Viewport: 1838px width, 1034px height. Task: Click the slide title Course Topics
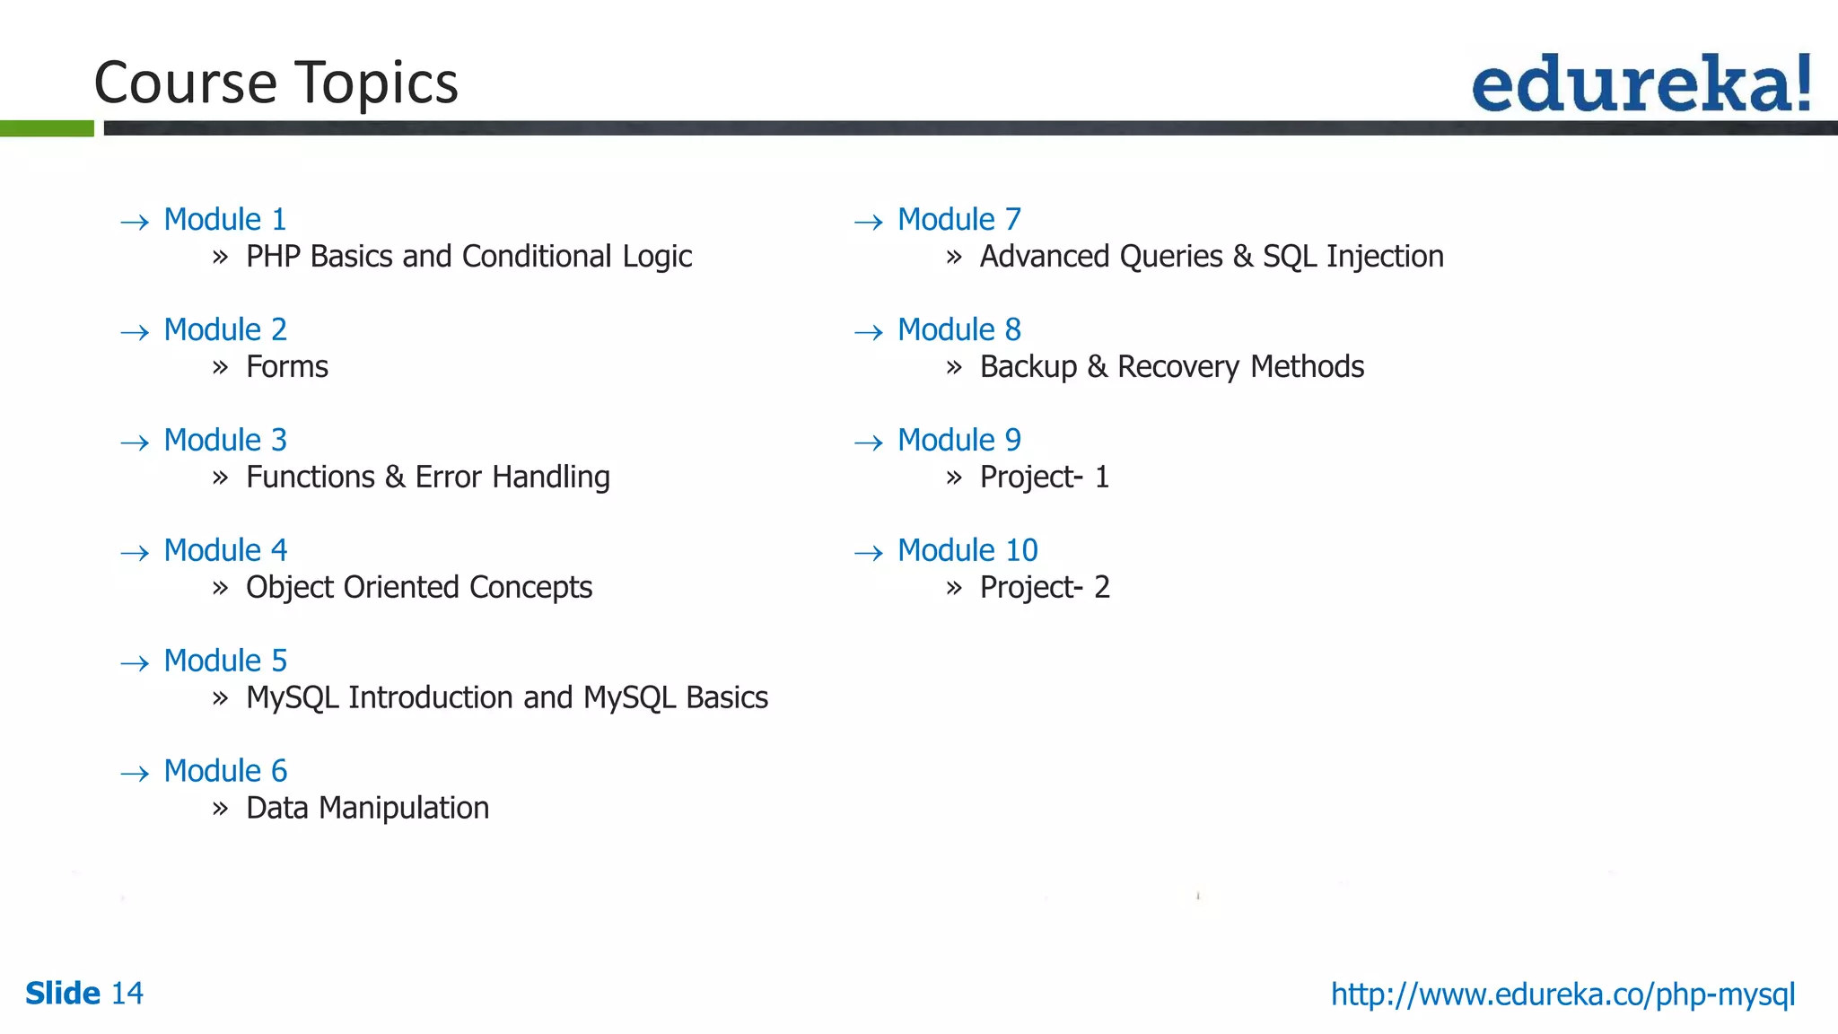point(276,83)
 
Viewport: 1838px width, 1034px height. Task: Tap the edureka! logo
point(1641,83)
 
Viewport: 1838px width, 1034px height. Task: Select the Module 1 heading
point(225,220)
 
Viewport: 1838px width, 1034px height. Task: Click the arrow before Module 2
point(135,333)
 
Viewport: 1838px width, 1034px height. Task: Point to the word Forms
point(287,367)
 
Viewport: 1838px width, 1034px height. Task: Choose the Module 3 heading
point(225,441)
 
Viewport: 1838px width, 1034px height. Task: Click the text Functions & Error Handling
point(427,478)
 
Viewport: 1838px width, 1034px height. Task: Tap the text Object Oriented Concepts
point(419,588)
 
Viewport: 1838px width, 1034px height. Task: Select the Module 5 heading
point(225,662)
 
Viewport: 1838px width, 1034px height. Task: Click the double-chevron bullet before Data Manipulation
point(221,809)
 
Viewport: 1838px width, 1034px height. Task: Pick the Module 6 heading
point(225,772)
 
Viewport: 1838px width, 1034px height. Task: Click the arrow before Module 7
point(869,223)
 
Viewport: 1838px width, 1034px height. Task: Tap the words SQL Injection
point(1352,257)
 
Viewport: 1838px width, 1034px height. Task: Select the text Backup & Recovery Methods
point(1171,367)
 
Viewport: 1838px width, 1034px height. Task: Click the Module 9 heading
point(959,441)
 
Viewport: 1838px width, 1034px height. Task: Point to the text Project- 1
point(1045,478)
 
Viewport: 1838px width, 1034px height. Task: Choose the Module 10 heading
point(967,551)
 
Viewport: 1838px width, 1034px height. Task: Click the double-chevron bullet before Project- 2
point(954,588)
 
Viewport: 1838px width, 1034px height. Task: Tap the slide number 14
point(127,994)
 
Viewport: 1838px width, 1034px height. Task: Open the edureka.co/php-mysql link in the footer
point(1562,995)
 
